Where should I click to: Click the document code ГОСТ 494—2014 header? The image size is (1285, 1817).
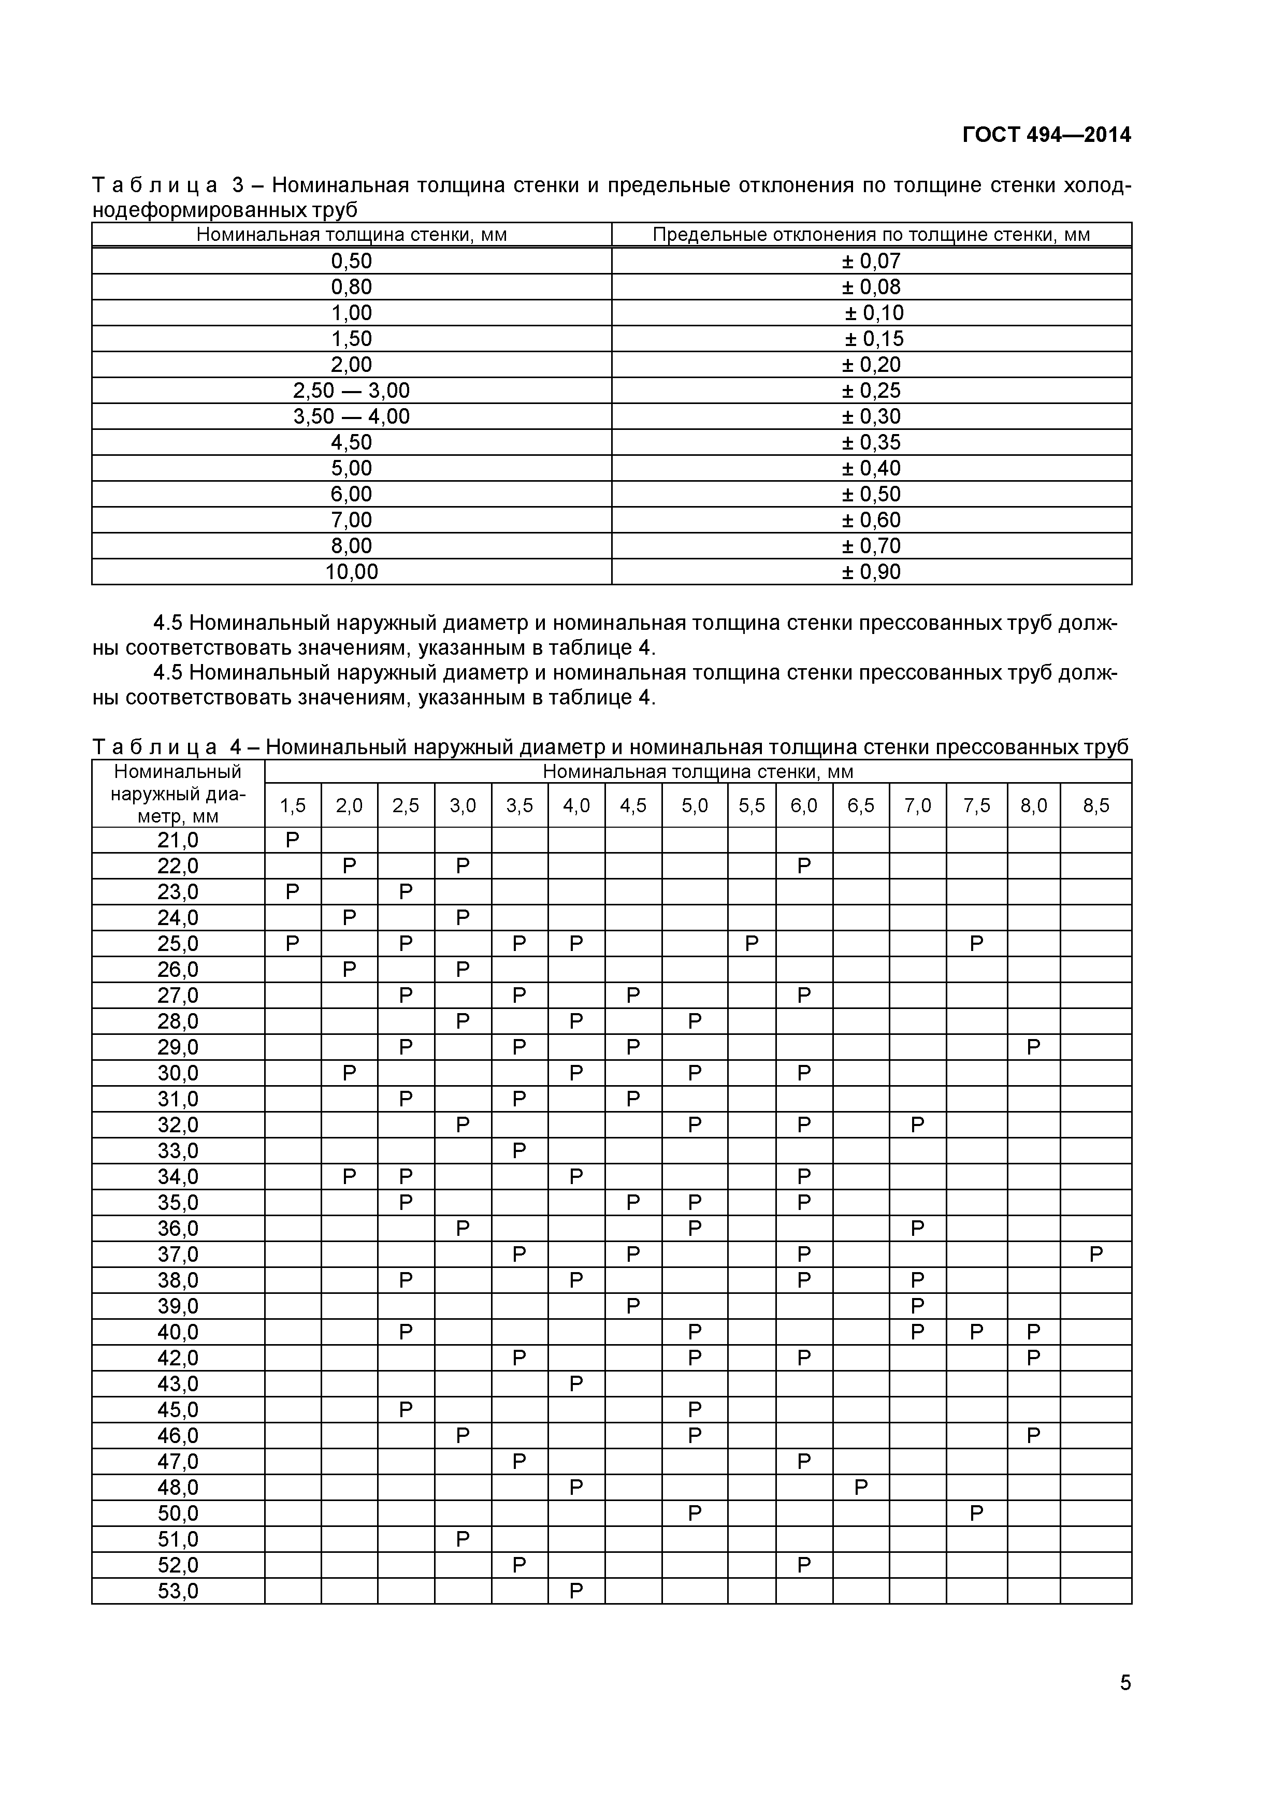pos(1046,135)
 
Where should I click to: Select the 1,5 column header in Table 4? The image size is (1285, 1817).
pos(292,805)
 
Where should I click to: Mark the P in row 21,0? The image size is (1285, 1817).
pos(292,840)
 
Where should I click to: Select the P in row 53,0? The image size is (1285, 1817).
pos(576,1591)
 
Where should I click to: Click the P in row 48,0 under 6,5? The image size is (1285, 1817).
pos(861,1488)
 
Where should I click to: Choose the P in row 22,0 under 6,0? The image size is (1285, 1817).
pos(804,866)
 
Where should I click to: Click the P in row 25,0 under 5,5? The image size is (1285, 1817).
pos(751,943)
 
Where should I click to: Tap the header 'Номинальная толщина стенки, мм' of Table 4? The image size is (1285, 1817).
pos(697,772)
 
